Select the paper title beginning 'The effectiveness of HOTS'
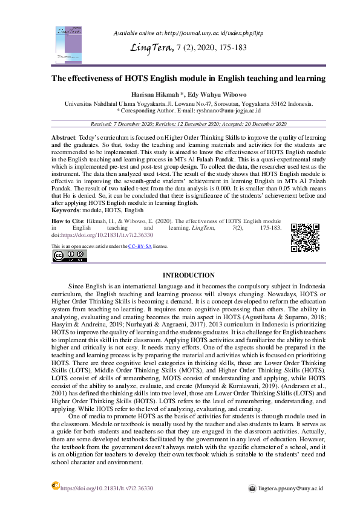pos(180,79)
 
